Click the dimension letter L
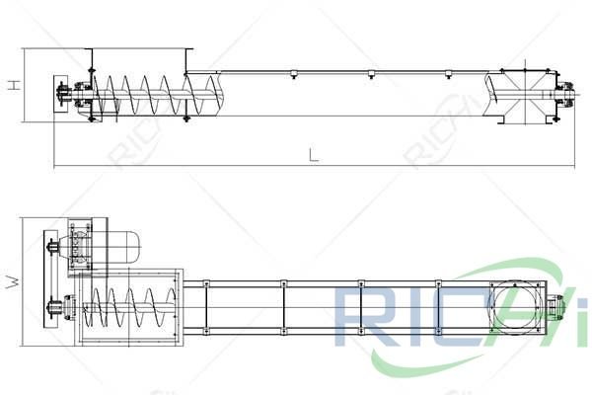313,155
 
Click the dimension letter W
13,281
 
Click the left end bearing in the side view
65,97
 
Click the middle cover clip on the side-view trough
370,75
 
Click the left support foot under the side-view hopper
91,118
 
